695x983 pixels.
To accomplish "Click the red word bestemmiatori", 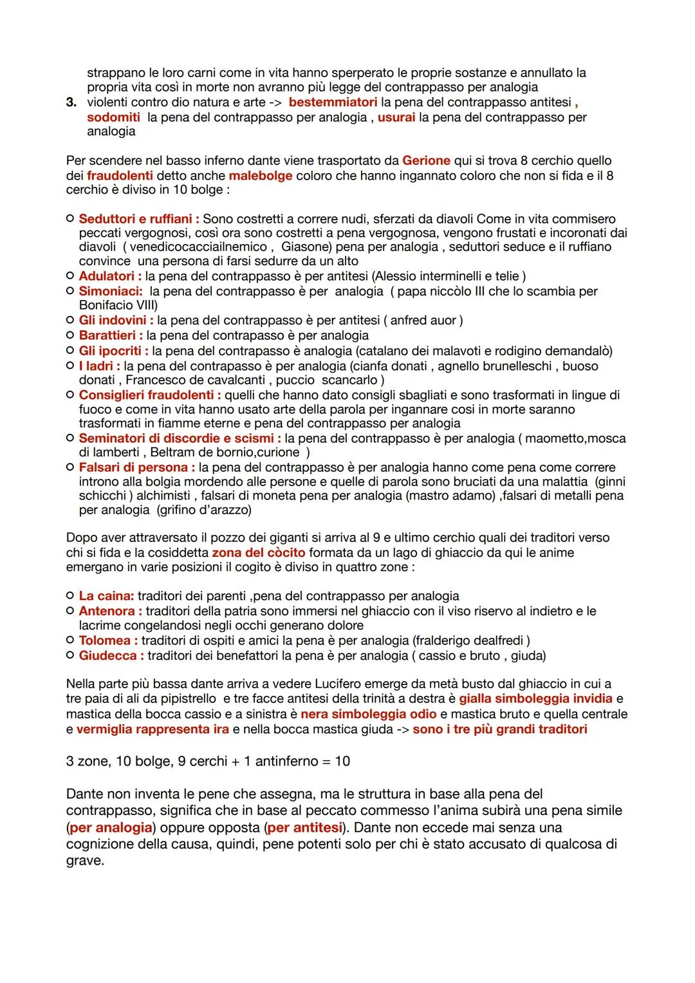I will click(x=333, y=102).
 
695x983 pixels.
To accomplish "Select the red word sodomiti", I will click(x=113, y=117).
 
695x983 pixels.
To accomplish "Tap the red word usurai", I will click(x=396, y=117).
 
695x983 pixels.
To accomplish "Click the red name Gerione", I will click(x=425, y=160).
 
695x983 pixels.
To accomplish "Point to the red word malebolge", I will click(x=260, y=176).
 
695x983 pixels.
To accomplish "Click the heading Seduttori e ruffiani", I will click(x=138, y=219).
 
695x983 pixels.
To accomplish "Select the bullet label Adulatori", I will click(x=109, y=276).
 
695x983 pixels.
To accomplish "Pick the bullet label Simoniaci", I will click(x=110, y=291).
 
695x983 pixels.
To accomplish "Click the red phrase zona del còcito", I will click(x=258, y=552).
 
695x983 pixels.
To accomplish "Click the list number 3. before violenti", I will click(x=72, y=103).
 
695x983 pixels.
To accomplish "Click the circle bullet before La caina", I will click(x=69, y=596).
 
